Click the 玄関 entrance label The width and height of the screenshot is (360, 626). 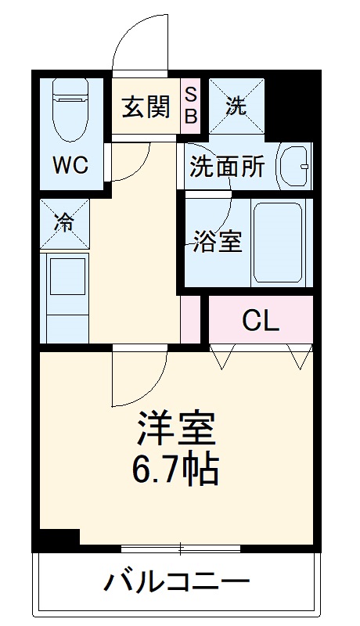point(146,107)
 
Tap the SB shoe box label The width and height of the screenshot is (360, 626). point(192,107)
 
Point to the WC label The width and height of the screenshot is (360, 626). point(70,165)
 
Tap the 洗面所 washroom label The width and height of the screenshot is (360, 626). point(228,167)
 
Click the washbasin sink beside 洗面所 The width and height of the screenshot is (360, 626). point(296,165)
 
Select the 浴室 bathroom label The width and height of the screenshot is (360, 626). point(218,241)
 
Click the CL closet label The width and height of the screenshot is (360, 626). point(261,320)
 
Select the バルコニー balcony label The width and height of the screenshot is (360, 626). point(177,583)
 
